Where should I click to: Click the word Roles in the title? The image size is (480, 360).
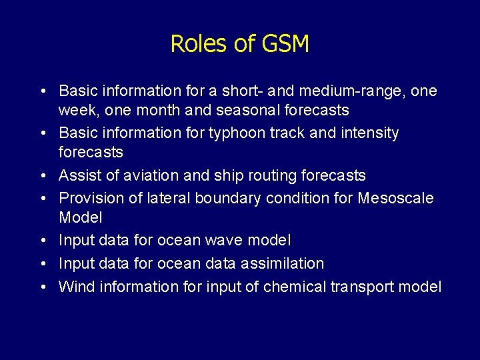(x=196, y=44)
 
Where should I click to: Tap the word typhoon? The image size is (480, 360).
(x=237, y=133)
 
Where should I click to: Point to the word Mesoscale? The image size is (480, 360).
(x=395, y=199)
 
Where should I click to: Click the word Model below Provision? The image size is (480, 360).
(x=80, y=218)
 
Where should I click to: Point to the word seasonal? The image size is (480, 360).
(x=248, y=109)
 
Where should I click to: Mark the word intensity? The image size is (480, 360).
(x=367, y=133)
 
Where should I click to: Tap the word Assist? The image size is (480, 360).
(x=78, y=176)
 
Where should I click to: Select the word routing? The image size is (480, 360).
(x=275, y=176)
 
